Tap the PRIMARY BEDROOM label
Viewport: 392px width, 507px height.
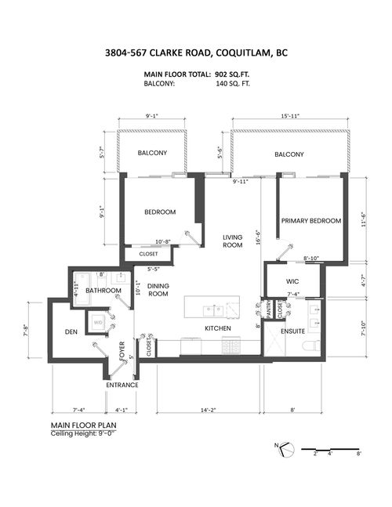pyautogui.click(x=311, y=221)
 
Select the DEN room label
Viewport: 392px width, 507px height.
pyautogui.click(x=69, y=331)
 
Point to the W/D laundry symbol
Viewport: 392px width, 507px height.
pyautogui.click(x=99, y=322)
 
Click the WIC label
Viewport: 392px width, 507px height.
pyautogui.click(x=292, y=280)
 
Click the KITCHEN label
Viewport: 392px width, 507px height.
pyautogui.click(x=216, y=328)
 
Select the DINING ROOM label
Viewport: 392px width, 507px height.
pyautogui.click(x=158, y=290)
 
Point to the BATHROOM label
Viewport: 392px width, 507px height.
pyautogui.click(x=103, y=291)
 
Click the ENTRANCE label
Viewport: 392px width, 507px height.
pyautogui.click(x=122, y=385)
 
